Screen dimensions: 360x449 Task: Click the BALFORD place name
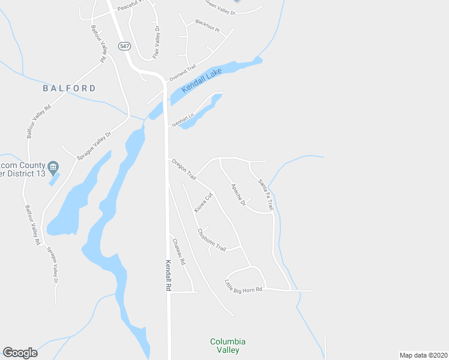coord(69,88)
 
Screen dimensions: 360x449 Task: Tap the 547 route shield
coord(124,46)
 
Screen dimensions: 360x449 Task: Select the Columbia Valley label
coord(228,346)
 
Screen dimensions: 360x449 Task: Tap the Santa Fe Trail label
coord(265,194)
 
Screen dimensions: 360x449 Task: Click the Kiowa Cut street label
coord(203,203)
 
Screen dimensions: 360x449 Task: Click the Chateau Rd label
coord(179,253)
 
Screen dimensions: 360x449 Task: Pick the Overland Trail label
coord(183,74)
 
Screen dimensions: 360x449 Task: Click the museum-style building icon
coord(53,166)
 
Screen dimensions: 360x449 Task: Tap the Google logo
coord(20,353)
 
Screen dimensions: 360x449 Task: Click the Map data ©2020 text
coord(423,355)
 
